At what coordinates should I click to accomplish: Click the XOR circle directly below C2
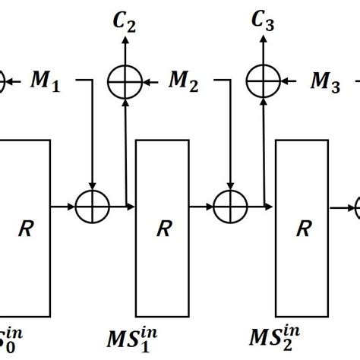(x=125, y=78)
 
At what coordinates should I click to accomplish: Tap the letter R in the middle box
(x=161, y=227)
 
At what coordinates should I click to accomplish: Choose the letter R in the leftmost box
(x=25, y=227)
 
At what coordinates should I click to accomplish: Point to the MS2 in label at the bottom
(x=281, y=333)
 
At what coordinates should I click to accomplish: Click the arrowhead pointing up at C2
(x=125, y=43)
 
